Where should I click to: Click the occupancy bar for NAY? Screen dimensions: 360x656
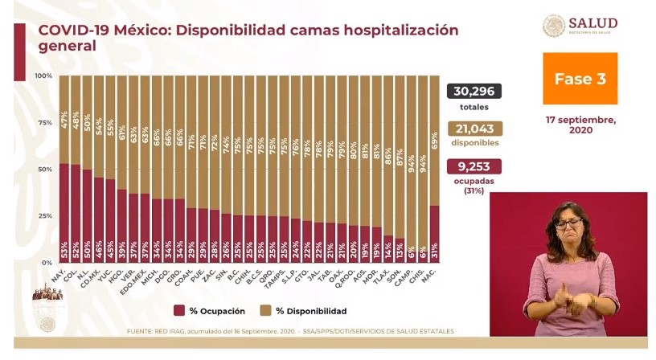click(x=64, y=213)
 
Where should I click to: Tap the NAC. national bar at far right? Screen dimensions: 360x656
click(x=435, y=234)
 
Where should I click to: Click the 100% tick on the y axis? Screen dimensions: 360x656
click(x=44, y=76)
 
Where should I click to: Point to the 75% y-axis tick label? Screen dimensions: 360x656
click(x=46, y=123)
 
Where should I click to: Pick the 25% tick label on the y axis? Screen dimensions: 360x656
click(x=46, y=216)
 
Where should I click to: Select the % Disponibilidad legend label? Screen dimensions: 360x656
click(x=310, y=311)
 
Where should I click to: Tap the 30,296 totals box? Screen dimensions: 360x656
click(x=474, y=91)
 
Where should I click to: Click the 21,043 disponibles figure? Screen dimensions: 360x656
click(x=474, y=129)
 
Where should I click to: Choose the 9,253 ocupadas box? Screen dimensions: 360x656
click(x=474, y=166)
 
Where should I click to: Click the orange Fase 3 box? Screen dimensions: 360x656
click(x=580, y=79)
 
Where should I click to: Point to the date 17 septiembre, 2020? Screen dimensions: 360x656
click(x=580, y=125)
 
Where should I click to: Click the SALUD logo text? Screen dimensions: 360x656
click(x=592, y=23)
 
